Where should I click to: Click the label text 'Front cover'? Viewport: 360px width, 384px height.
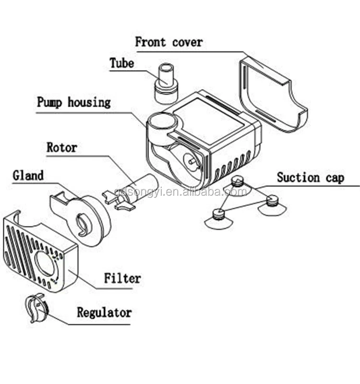[x=168, y=42]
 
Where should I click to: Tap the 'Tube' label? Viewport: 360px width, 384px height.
[x=121, y=63]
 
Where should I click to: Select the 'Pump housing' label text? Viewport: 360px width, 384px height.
[x=73, y=102]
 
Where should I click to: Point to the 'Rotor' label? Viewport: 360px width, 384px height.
[x=61, y=147]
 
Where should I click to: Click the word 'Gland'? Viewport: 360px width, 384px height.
[x=28, y=176]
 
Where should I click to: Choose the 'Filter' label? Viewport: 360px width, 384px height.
[x=123, y=278]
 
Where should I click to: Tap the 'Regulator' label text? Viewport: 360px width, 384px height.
[x=104, y=312]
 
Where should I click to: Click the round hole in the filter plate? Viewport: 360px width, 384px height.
[x=46, y=264]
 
